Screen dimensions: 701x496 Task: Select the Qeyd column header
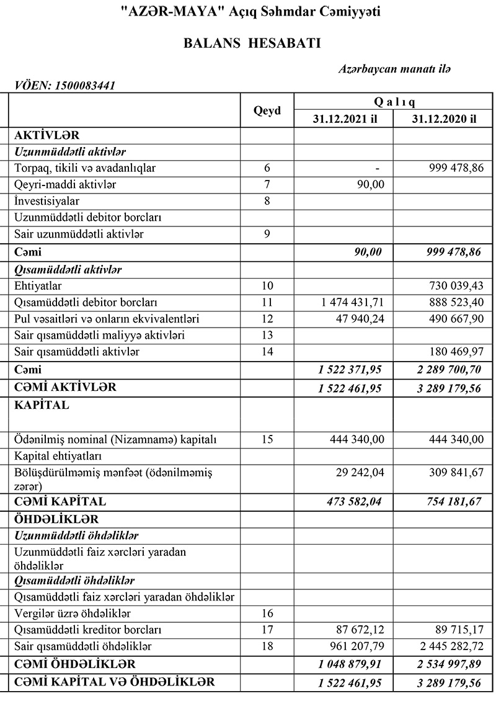[267, 110]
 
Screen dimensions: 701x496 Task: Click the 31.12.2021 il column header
[345, 119]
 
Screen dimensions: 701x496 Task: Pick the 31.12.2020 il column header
[444, 119]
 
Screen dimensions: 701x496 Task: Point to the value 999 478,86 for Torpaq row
[456, 168]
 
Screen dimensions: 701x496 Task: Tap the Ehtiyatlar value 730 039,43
[456, 286]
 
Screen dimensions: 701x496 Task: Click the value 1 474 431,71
[353, 303]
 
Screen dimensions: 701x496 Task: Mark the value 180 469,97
[456, 352]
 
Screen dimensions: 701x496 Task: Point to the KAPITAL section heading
[42, 406]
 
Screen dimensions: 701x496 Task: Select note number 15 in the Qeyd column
[267, 440]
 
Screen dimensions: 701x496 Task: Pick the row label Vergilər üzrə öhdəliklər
[72, 614]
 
